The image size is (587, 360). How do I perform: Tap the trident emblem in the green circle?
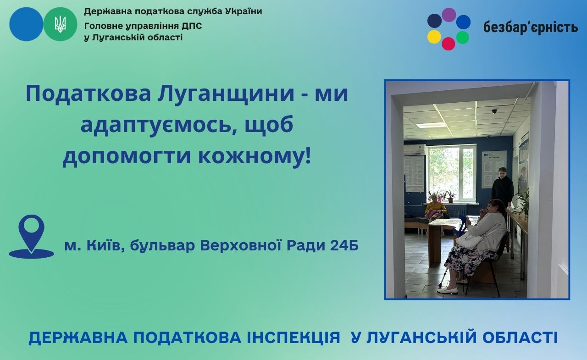click(x=60, y=24)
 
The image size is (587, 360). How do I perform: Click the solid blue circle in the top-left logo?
click(x=26, y=24)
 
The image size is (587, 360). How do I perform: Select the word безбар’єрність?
click(x=531, y=27)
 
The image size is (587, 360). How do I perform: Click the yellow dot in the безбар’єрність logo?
click(x=434, y=37)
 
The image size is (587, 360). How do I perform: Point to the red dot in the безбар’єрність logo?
click(x=449, y=44)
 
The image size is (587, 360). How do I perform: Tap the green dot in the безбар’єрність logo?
click(x=463, y=37)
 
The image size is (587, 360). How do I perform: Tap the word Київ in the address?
click(x=107, y=246)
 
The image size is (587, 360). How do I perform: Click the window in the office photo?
click(x=451, y=173)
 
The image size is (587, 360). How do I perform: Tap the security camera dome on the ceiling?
click(x=494, y=111)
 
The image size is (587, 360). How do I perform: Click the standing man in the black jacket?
click(x=502, y=187)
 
